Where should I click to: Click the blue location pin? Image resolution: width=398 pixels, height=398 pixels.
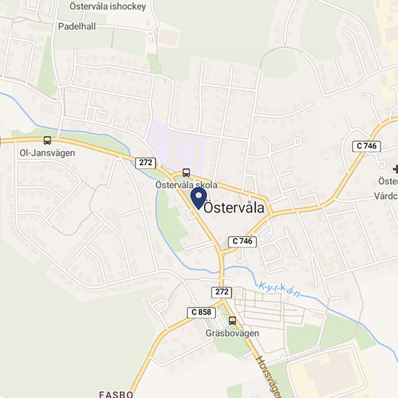pos(198,198)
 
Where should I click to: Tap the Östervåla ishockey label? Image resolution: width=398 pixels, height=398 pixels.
pos(108,6)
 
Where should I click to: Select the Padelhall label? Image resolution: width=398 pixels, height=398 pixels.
pos(77,25)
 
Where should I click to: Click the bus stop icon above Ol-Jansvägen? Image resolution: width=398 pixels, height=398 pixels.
pos(48,140)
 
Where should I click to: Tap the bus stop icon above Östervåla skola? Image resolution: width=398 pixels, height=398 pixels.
pos(187,172)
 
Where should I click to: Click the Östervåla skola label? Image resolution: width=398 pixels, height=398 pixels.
pos(187,185)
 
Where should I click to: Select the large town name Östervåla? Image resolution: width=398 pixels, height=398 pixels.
pos(234,207)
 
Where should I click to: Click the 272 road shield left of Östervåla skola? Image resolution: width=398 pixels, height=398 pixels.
pos(145,163)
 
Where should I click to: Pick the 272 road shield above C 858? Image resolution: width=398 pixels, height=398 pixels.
pos(221,292)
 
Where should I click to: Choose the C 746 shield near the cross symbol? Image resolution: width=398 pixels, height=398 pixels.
pos(367,146)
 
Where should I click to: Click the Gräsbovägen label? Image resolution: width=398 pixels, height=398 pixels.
pos(232,334)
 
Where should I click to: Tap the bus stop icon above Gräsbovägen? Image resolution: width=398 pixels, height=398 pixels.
pos(232,321)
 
